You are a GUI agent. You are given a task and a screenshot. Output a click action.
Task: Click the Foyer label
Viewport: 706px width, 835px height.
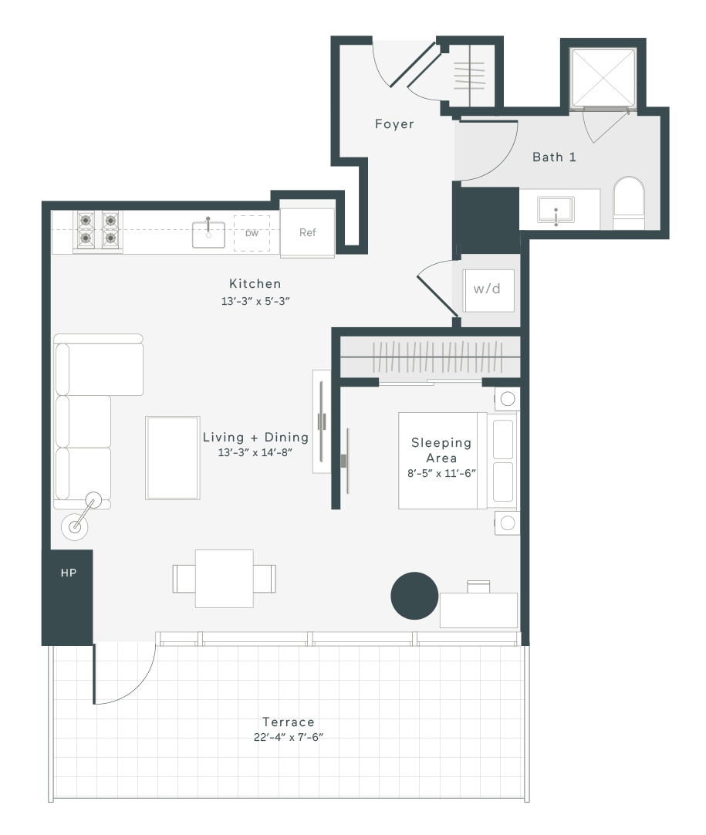394,124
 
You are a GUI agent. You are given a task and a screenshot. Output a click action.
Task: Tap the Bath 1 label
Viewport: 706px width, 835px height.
554,157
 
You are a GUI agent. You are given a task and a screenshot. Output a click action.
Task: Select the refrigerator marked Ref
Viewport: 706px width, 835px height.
307,233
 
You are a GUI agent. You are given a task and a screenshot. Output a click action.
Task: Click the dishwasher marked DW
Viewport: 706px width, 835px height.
252,233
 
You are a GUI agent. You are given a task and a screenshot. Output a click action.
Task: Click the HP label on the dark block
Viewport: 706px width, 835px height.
69,573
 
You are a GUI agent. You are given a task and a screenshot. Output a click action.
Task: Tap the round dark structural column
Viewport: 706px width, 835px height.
414,596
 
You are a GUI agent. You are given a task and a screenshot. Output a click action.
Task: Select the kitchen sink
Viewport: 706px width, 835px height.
208,235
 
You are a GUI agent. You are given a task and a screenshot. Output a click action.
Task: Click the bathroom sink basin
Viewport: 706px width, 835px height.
556,210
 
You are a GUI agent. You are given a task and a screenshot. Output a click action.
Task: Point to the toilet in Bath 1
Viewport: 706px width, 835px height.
629,203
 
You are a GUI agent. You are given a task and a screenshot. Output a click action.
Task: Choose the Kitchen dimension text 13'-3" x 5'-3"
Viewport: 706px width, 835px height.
255,301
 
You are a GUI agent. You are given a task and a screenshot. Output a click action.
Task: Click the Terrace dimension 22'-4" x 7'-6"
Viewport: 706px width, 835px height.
289,737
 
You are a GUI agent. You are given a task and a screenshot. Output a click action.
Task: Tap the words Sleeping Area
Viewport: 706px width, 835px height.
441,451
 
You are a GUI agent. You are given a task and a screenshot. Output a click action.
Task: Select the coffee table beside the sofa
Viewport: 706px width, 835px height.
173,458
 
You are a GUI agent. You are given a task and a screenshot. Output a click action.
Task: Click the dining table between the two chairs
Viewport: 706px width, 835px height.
225,579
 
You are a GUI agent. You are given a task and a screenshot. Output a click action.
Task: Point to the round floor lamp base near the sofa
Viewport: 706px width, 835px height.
75,526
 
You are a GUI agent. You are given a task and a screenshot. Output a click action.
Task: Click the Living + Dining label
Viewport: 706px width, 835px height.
255,438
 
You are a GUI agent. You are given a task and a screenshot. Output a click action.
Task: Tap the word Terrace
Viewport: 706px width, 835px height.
289,722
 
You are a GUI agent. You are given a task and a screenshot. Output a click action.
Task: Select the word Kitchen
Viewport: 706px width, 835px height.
255,284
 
